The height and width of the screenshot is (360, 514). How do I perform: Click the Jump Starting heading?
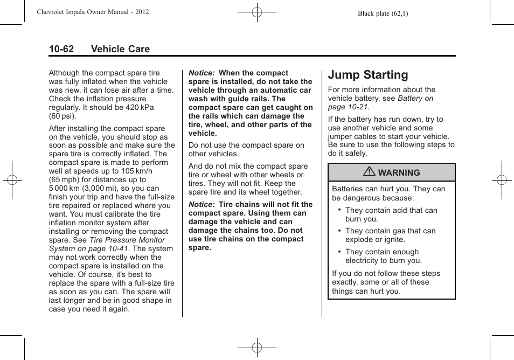click(x=367, y=75)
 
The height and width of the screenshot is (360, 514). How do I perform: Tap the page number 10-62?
click(x=61, y=49)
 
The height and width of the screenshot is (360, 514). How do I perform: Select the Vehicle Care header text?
click(x=120, y=49)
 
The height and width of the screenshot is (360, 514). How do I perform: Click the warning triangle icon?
click(x=371, y=172)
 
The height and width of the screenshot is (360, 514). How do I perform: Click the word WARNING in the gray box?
click(x=399, y=173)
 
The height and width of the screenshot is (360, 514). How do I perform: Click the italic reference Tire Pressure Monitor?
click(x=127, y=240)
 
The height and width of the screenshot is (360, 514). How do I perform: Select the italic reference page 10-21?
click(x=348, y=107)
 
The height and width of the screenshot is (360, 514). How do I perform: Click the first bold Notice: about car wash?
click(x=201, y=73)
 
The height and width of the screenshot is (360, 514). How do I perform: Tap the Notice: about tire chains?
click(x=201, y=204)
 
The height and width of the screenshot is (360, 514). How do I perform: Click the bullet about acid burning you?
click(x=391, y=214)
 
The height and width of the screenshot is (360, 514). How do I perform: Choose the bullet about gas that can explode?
click(x=390, y=235)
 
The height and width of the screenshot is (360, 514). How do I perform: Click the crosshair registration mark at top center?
click(x=257, y=11)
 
